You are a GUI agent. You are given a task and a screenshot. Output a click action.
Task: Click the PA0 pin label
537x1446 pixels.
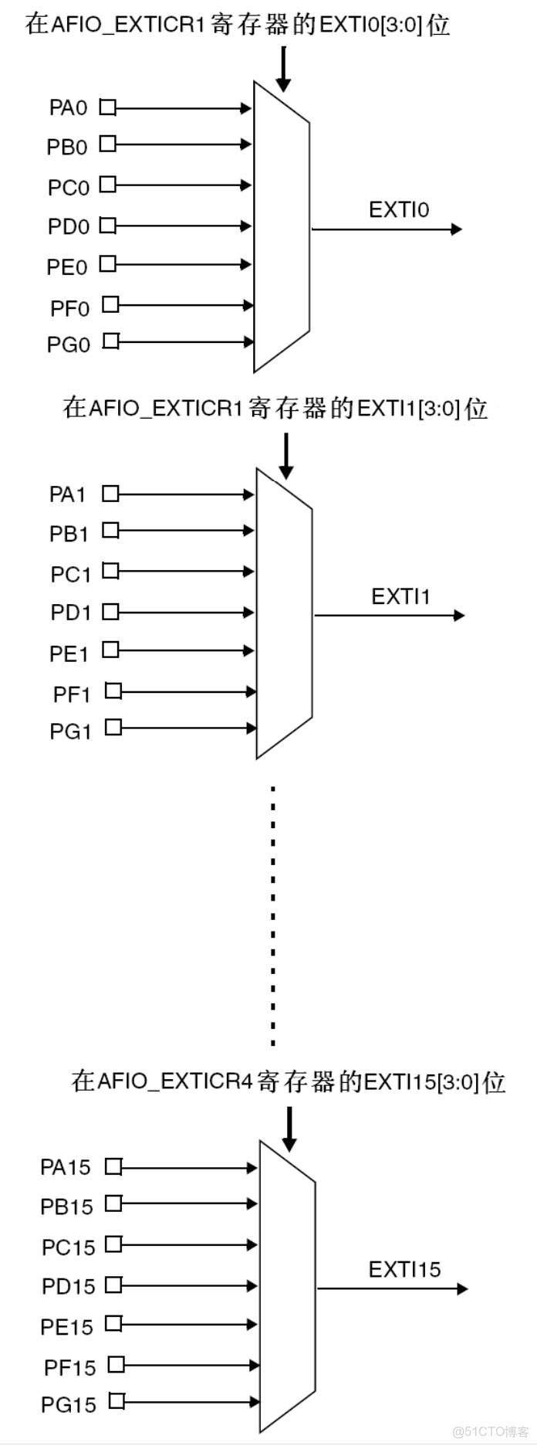coord(68,107)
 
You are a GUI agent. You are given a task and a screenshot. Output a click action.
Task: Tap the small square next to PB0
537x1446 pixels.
coord(108,144)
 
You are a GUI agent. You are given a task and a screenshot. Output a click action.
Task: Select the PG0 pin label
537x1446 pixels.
coord(68,345)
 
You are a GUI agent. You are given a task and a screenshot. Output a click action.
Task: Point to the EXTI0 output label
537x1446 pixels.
coord(398,210)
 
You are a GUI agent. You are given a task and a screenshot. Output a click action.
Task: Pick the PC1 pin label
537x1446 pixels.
coord(70,575)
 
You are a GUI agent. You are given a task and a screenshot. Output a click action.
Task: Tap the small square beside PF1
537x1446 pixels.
coord(113,691)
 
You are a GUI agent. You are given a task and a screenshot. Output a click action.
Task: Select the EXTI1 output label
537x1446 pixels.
coord(400,597)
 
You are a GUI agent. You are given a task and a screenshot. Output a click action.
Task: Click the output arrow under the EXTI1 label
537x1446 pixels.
coord(390,616)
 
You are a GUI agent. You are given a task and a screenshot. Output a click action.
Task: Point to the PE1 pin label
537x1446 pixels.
coord(69,654)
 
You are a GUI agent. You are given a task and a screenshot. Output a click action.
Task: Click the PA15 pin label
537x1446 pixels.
coord(65,1167)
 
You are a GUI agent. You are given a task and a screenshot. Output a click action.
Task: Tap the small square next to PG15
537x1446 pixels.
coord(117,1400)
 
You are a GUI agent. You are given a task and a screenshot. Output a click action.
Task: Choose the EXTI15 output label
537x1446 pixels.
coord(404,1270)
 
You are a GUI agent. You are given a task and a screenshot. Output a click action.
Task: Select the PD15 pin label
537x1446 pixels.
coord(68,1286)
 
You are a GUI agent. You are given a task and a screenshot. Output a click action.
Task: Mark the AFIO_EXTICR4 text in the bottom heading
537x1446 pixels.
coord(175,1081)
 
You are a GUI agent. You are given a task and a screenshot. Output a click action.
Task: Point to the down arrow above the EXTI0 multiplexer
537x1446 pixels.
coord(283,69)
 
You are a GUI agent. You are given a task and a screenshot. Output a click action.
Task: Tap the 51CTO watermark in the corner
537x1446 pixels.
coord(490,1431)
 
